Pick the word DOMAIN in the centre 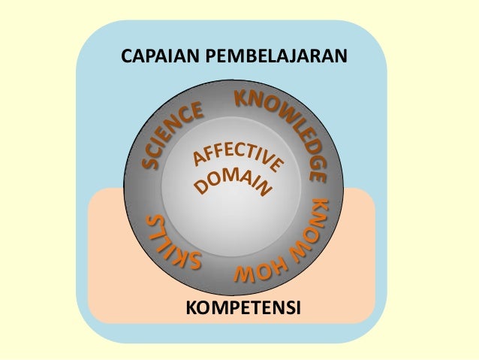pyautogui.click(x=233, y=183)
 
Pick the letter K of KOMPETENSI pyautogui.click(x=189, y=307)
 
